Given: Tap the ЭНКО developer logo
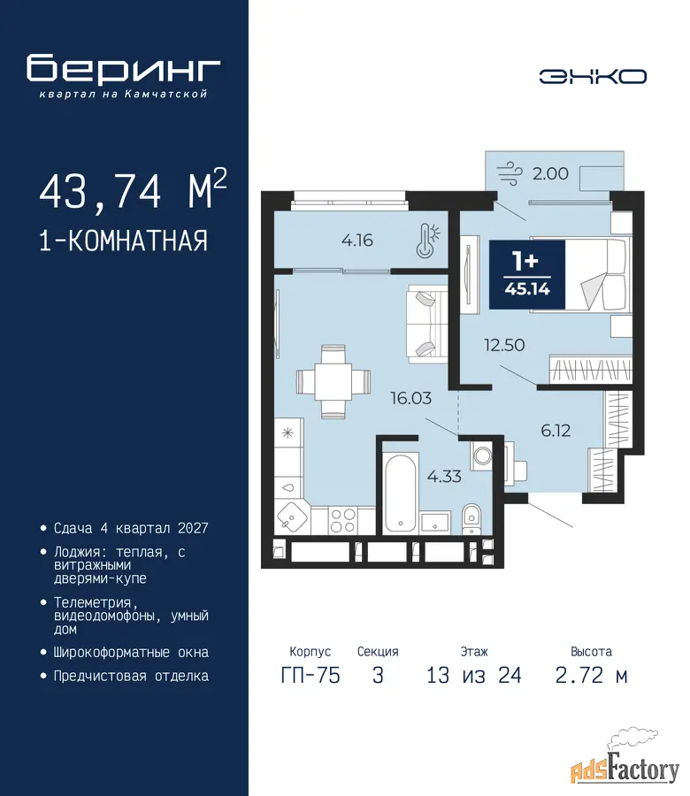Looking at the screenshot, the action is click(x=593, y=77).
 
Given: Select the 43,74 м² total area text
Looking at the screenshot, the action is click(x=133, y=190).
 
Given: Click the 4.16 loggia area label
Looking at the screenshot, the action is click(x=357, y=240).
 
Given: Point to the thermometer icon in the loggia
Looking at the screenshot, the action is click(x=427, y=241).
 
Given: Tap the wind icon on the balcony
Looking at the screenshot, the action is click(x=510, y=173).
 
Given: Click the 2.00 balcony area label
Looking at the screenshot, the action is click(x=550, y=173).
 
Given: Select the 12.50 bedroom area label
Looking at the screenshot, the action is click(x=504, y=345).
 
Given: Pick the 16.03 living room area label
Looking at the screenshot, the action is click(x=410, y=398).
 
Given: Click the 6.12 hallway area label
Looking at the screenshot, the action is click(x=556, y=431).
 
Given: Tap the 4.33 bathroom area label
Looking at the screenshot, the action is click(x=444, y=476).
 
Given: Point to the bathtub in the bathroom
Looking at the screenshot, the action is click(x=401, y=494).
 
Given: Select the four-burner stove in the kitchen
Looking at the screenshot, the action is click(x=342, y=520).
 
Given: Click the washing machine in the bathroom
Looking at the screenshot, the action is click(x=482, y=455).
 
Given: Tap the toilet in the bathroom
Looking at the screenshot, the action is click(x=471, y=519).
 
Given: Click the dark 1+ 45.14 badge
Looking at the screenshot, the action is click(x=527, y=275).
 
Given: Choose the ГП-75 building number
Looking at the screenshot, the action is click(x=310, y=675).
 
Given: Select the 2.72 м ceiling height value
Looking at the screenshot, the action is click(x=592, y=675).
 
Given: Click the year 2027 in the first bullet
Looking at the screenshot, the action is click(x=193, y=529).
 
